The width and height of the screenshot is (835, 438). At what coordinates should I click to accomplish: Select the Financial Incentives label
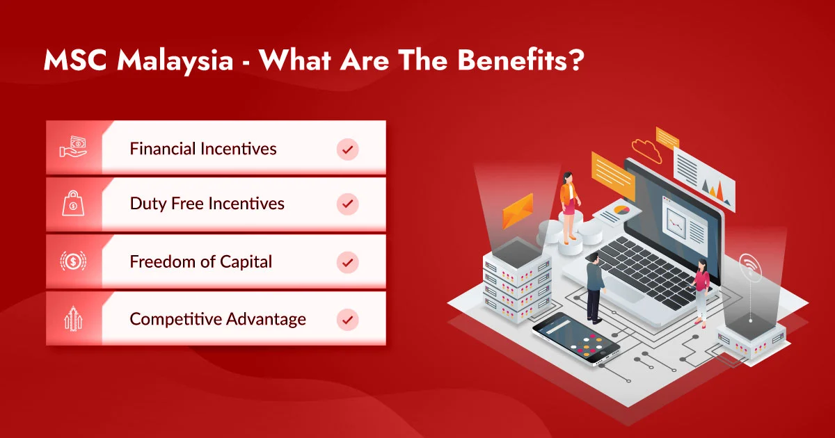(x=203, y=149)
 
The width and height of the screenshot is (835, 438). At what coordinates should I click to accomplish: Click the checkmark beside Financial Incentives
(x=347, y=149)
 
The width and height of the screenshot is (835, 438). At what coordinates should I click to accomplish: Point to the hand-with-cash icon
(x=73, y=148)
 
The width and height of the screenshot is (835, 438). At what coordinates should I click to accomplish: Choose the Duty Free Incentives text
(x=207, y=204)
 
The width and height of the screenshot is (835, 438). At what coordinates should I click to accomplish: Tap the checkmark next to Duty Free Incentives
(x=347, y=204)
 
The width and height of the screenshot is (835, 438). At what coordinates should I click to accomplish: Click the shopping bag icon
(x=73, y=204)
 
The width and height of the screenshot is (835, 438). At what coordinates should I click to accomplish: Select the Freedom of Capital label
(x=200, y=261)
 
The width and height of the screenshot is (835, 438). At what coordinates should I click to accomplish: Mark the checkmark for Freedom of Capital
(x=347, y=262)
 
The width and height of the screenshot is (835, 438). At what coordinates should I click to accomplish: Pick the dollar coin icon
(x=73, y=261)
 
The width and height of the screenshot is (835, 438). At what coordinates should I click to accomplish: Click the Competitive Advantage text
(x=218, y=319)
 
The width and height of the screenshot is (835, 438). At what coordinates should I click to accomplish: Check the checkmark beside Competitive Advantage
(x=347, y=320)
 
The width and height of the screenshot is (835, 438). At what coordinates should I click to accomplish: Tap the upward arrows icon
(x=73, y=319)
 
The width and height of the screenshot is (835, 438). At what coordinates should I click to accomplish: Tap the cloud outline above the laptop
(x=646, y=147)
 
